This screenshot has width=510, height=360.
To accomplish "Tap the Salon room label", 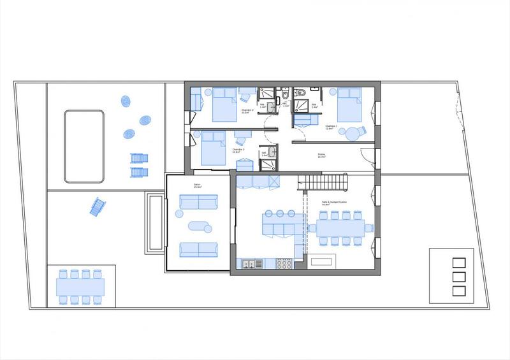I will pyautogui.click(x=198, y=186).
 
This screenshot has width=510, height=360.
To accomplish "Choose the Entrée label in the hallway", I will pyautogui.click(x=322, y=154).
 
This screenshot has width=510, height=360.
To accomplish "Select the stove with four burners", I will pyautogui.click(x=284, y=262).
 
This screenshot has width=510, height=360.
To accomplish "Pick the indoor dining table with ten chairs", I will pyautogui.click(x=339, y=229).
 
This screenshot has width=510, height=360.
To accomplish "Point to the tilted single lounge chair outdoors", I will pyautogui.click(x=97, y=206).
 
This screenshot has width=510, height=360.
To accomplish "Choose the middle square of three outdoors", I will pyautogui.click(x=457, y=276).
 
